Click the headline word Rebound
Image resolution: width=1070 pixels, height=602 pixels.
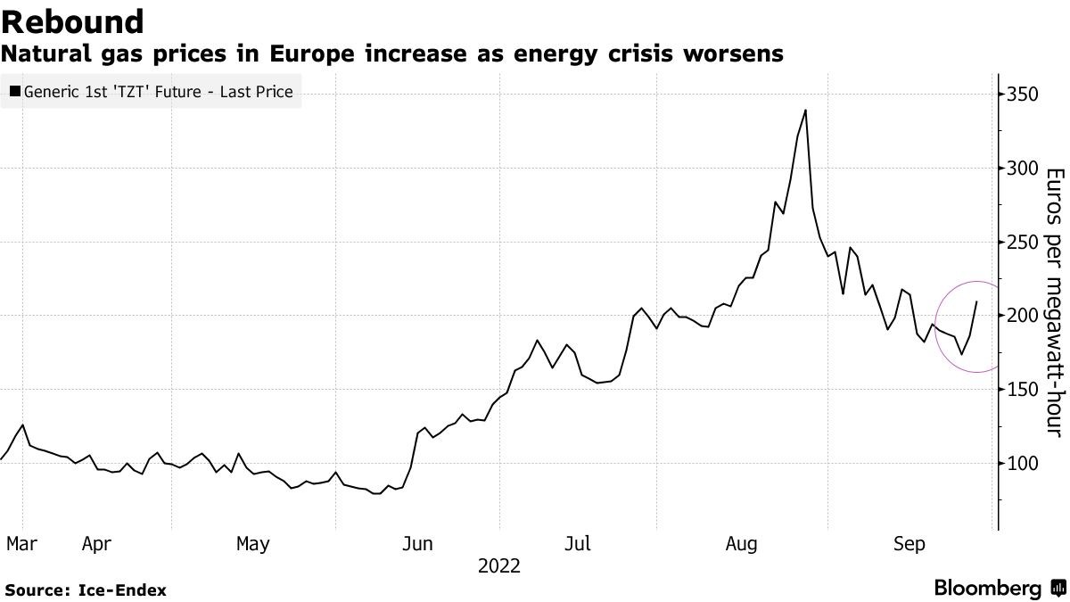[x=74, y=21]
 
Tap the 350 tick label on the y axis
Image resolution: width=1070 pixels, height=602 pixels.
[x=1022, y=95]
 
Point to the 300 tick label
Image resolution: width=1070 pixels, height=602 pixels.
[x=1022, y=169]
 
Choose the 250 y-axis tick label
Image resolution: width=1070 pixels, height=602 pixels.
[x=1022, y=243]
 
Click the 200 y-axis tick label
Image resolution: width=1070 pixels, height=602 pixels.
[x=1022, y=316]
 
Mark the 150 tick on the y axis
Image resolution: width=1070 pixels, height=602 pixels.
[x=1022, y=390]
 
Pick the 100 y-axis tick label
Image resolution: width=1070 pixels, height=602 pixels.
[x=1022, y=464]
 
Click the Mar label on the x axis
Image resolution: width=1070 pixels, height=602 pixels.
[x=21, y=543]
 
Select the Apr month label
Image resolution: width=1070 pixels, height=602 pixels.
[x=96, y=543]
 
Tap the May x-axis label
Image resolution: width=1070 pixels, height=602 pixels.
[x=253, y=543]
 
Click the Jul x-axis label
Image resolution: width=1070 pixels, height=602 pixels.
[x=580, y=543]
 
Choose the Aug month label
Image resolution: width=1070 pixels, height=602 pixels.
[x=742, y=543]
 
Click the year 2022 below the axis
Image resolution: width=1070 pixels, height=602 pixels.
[x=499, y=565]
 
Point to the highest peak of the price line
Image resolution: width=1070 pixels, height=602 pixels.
[x=805, y=111]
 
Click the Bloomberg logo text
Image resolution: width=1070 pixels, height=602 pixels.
[x=988, y=589]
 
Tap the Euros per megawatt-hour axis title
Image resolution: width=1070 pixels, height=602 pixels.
[x=1053, y=302]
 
